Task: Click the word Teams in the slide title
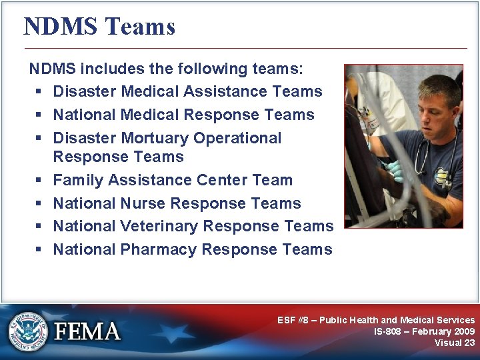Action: pos(140,27)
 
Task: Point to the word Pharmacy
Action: pos(158,249)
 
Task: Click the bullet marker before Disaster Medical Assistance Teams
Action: pos(39,92)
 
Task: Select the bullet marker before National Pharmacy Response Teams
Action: pos(39,250)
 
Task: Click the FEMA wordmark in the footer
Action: pos(87,331)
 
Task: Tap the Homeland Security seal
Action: pos(29,331)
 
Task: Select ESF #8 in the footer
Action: pos(294,320)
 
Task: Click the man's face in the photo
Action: pos(431,107)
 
